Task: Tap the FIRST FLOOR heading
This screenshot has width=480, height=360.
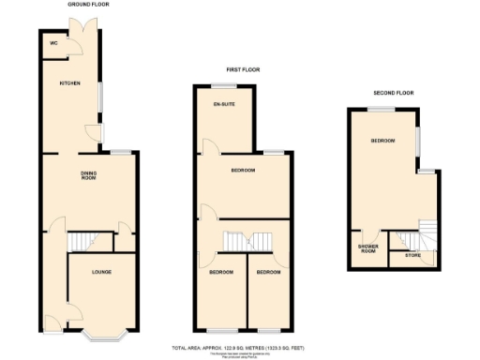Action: [242, 69]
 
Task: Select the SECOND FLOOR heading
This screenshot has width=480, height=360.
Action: [392, 93]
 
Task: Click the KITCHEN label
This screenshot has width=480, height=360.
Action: [70, 82]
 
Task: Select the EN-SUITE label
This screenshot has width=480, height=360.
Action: [223, 103]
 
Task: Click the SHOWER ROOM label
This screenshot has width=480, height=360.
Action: [367, 248]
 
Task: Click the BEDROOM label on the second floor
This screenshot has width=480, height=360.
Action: [382, 141]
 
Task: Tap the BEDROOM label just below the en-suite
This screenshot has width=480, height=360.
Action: [243, 171]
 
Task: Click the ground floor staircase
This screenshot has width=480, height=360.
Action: [85, 242]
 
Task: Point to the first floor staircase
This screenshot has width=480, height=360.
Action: [245, 241]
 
